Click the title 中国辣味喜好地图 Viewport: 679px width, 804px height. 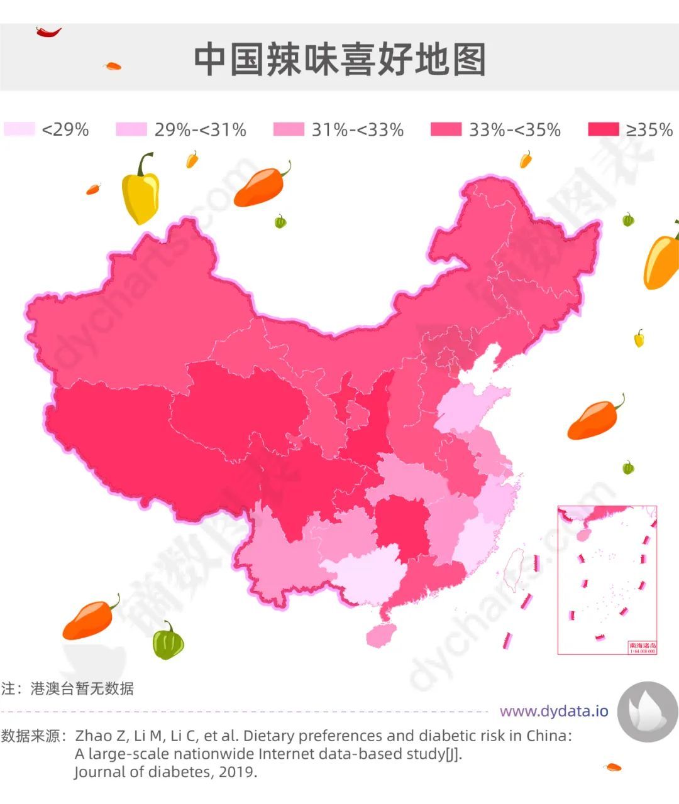coord(339,60)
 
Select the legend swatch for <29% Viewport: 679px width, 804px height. coord(19,129)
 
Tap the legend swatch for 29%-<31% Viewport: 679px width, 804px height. coord(131,129)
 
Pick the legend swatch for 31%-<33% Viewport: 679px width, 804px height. coord(289,129)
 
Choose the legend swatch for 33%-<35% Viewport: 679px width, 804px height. coord(446,129)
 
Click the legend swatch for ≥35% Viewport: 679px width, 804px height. coord(603,129)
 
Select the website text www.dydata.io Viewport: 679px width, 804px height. coord(554,711)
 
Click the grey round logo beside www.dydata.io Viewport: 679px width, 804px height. coord(648,712)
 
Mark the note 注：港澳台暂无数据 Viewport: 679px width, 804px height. coord(68,688)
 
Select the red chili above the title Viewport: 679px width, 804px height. coord(48,31)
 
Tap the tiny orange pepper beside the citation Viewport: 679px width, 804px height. coord(612,767)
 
